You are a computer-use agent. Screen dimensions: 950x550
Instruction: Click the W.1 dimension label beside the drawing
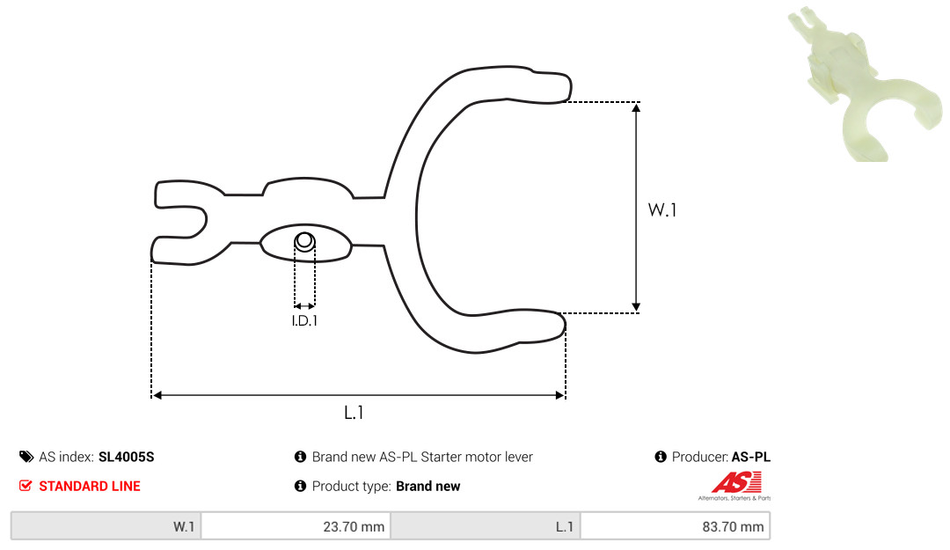(662, 209)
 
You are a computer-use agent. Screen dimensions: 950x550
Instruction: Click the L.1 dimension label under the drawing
(354, 413)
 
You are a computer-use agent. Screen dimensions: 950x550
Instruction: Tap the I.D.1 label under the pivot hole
(304, 321)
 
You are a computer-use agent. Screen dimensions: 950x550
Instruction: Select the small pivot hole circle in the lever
(304, 241)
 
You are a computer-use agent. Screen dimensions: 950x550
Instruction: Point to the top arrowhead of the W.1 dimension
(636, 108)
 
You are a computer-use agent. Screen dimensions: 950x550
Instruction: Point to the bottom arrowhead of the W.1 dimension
(636, 307)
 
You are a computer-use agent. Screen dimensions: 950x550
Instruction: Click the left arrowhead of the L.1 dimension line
(157, 395)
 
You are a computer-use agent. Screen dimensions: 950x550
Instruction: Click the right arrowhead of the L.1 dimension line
(559, 395)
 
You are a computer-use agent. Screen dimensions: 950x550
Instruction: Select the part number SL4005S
(126, 458)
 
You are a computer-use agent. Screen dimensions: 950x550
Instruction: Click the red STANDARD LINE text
(90, 487)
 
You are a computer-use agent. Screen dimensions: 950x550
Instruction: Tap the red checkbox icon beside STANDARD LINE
(26, 486)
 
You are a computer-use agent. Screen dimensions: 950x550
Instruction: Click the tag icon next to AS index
(26, 457)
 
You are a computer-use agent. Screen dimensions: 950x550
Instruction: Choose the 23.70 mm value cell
(296, 526)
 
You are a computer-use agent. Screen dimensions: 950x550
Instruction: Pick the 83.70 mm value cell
(675, 526)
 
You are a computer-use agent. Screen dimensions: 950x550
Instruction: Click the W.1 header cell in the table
(106, 526)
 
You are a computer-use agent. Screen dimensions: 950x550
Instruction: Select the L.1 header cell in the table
(486, 526)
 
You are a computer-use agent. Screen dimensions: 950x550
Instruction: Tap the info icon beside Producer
(661, 457)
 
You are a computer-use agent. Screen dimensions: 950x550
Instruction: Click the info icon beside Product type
(300, 486)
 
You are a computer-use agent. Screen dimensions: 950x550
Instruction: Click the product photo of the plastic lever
(864, 84)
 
